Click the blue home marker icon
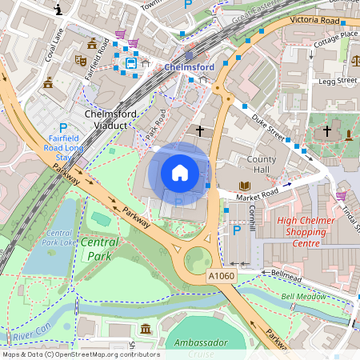180,172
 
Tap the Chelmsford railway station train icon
130,62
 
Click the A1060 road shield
223,276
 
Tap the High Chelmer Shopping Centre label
303,231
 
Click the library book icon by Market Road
245,185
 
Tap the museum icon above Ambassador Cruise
146,329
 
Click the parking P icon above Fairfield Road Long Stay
63,128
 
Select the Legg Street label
336,81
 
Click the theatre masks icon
80,60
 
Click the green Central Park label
99,249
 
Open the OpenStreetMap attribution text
80,354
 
